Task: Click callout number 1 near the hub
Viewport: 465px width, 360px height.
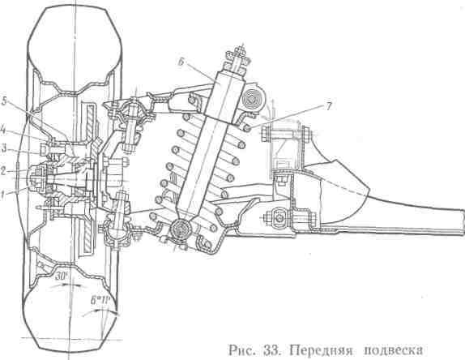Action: tap(2, 195)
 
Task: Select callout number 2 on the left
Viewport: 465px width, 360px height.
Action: tap(2, 170)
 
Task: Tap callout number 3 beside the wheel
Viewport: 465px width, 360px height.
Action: tap(3, 148)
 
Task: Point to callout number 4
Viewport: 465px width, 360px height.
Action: tap(2, 131)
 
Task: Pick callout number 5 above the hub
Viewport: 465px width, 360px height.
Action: tap(4, 101)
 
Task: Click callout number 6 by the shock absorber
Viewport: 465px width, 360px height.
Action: tap(182, 62)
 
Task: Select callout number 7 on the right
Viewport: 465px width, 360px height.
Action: tap(329, 106)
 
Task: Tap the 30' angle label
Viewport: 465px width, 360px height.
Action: tap(62, 276)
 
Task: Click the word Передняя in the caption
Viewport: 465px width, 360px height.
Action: tap(321, 350)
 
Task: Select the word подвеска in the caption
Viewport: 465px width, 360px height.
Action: tap(393, 350)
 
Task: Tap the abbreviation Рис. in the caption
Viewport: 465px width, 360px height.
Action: tap(241, 350)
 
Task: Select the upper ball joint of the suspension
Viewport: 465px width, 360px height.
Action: tap(133, 110)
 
